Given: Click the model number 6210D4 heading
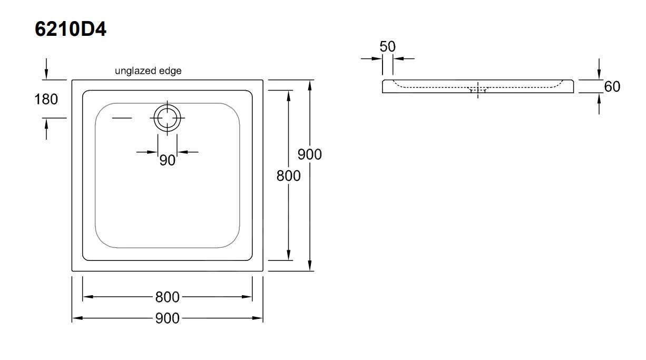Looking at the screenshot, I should tap(71, 29).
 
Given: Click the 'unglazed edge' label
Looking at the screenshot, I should tap(148, 71).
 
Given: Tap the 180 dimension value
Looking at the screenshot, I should tap(46, 99).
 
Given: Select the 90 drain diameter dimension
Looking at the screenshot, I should tap(167, 160).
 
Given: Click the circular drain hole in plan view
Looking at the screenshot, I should tap(168, 118).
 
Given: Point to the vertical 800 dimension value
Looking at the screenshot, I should tap(289, 176).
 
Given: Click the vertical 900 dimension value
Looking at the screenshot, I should tap(310, 154).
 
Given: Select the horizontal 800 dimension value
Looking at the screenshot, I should tap(167, 297).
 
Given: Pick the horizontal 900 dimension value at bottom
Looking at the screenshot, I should tap(167, 318).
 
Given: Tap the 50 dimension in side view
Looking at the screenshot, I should tap(387, 46).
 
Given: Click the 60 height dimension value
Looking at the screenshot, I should tap(612, 86).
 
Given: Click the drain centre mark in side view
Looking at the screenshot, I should tap(478, 90).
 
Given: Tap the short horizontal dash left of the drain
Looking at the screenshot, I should tap(122, 118).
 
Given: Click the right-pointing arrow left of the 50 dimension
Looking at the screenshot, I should tap(372, 59).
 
